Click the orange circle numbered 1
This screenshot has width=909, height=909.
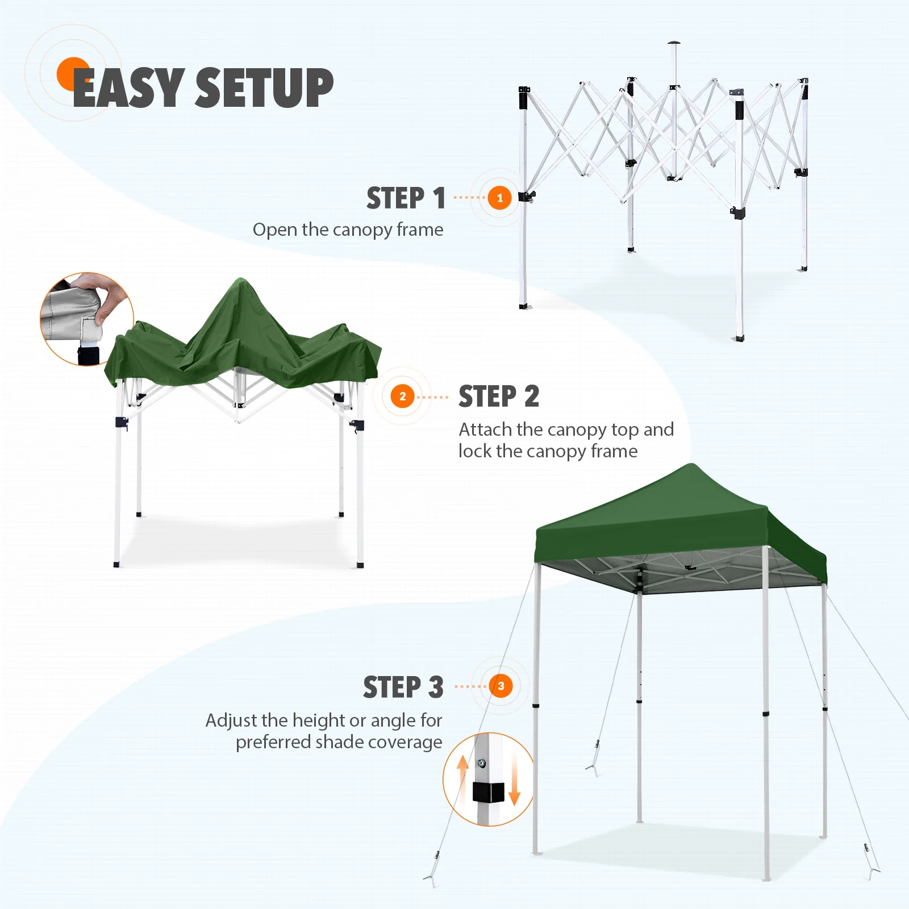click(x=500, y=198)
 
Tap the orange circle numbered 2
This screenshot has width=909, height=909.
click(x=403, y=396)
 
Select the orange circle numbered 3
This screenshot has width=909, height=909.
click(x=501, y=686)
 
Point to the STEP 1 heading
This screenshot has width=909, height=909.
click(x=406, y=198)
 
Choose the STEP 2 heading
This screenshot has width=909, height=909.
click(x=499, y=397)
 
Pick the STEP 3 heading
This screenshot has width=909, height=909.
click(x=403, y=687)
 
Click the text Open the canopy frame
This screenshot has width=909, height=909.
click(x=348, y=230)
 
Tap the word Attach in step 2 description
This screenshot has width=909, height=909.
click(x=485, y=430)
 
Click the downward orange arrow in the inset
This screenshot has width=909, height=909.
click(x=515, y=783)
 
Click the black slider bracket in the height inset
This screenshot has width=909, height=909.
click(x=489, y=792)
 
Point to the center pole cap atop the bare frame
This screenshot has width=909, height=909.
click(x=674, y=43)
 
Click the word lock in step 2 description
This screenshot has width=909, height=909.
click(x=475, y=451)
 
